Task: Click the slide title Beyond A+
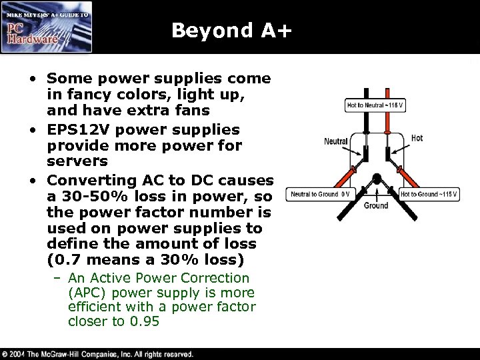[231, 31]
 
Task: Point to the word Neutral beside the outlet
[336, 141]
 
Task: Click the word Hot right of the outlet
[417, 138]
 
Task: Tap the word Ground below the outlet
[376, 206]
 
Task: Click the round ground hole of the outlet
[375, 179]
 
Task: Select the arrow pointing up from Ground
[376, 194]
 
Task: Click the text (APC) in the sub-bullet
[87, 293]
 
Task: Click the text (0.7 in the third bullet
[62, 259]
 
